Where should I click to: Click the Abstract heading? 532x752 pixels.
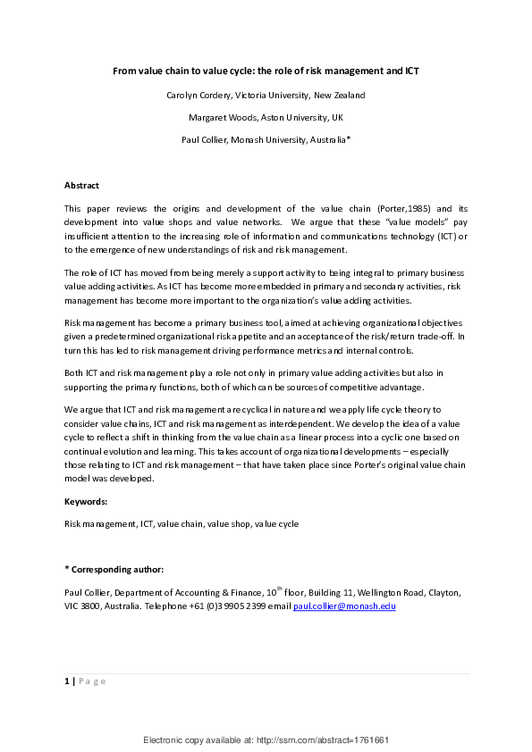click(x=81, y=185)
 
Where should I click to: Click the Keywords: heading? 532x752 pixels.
click(x=86, y=502)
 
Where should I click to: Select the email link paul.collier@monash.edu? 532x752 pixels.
click(x=344, y=606)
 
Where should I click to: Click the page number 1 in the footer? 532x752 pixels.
click(x=67, y=681)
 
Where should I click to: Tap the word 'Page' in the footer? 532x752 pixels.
click(x=92, y=681)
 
